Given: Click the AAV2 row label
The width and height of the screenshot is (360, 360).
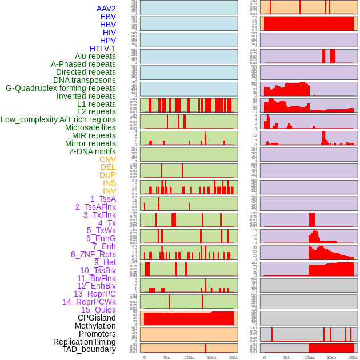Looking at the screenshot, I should [106, 9].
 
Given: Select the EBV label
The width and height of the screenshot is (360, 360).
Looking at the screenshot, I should [108, 17].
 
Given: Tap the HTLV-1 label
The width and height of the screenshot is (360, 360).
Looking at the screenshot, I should [102, 49].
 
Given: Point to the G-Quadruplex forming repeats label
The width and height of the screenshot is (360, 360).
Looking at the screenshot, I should [61, 88].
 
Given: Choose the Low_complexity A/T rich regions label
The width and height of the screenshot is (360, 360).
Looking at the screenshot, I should [58, 119].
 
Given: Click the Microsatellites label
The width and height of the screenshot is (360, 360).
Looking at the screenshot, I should [90, 127].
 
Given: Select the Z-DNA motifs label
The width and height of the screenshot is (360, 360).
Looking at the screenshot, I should [92, 151].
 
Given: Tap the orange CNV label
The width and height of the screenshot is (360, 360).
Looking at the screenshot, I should [107, 159].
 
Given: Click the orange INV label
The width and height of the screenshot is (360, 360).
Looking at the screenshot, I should [109, 191].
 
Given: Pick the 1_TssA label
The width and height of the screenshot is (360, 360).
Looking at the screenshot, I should [103, 199].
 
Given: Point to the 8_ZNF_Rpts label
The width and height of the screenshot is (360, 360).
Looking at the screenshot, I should [93, 254].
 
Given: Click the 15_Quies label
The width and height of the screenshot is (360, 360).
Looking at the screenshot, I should [98, 310].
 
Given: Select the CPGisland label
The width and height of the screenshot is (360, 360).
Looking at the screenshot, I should [97, 318].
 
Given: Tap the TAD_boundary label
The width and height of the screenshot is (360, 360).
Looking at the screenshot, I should [89, 349].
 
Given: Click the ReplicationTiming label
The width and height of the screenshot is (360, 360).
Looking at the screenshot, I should [84, 342].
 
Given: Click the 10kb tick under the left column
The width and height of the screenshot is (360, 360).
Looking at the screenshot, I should [189, 357].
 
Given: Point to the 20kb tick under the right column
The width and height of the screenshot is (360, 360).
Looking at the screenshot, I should [354, 357].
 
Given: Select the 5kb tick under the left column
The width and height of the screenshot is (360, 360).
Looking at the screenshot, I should [166, 357].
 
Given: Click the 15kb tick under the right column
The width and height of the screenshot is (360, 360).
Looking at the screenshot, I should [331, 357].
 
